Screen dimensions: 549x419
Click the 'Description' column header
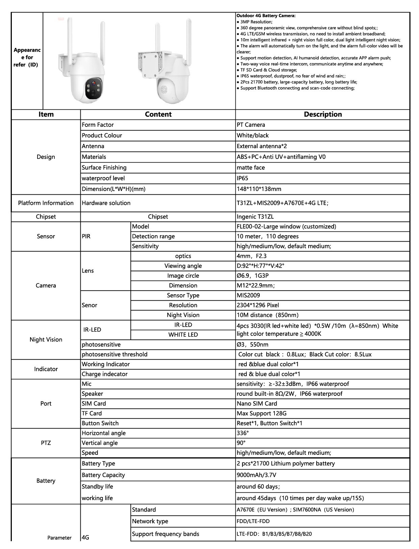322,114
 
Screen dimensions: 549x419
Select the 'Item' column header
46,114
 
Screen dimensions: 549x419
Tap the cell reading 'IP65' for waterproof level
242,178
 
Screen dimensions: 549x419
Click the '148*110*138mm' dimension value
259,189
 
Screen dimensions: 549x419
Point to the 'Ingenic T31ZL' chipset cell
255,217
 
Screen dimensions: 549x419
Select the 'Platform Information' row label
46,203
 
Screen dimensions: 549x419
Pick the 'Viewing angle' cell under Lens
183,266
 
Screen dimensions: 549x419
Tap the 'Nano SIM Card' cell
257,404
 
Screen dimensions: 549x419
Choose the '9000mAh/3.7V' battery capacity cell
257,475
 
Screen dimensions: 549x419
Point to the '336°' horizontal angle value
243,433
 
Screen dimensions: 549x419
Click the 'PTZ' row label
46,443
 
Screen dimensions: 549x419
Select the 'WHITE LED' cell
183,335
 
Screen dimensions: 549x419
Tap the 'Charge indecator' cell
105,374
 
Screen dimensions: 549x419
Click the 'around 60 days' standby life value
258,487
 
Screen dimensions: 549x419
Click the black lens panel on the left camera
95,89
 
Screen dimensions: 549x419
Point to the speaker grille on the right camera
164,89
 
